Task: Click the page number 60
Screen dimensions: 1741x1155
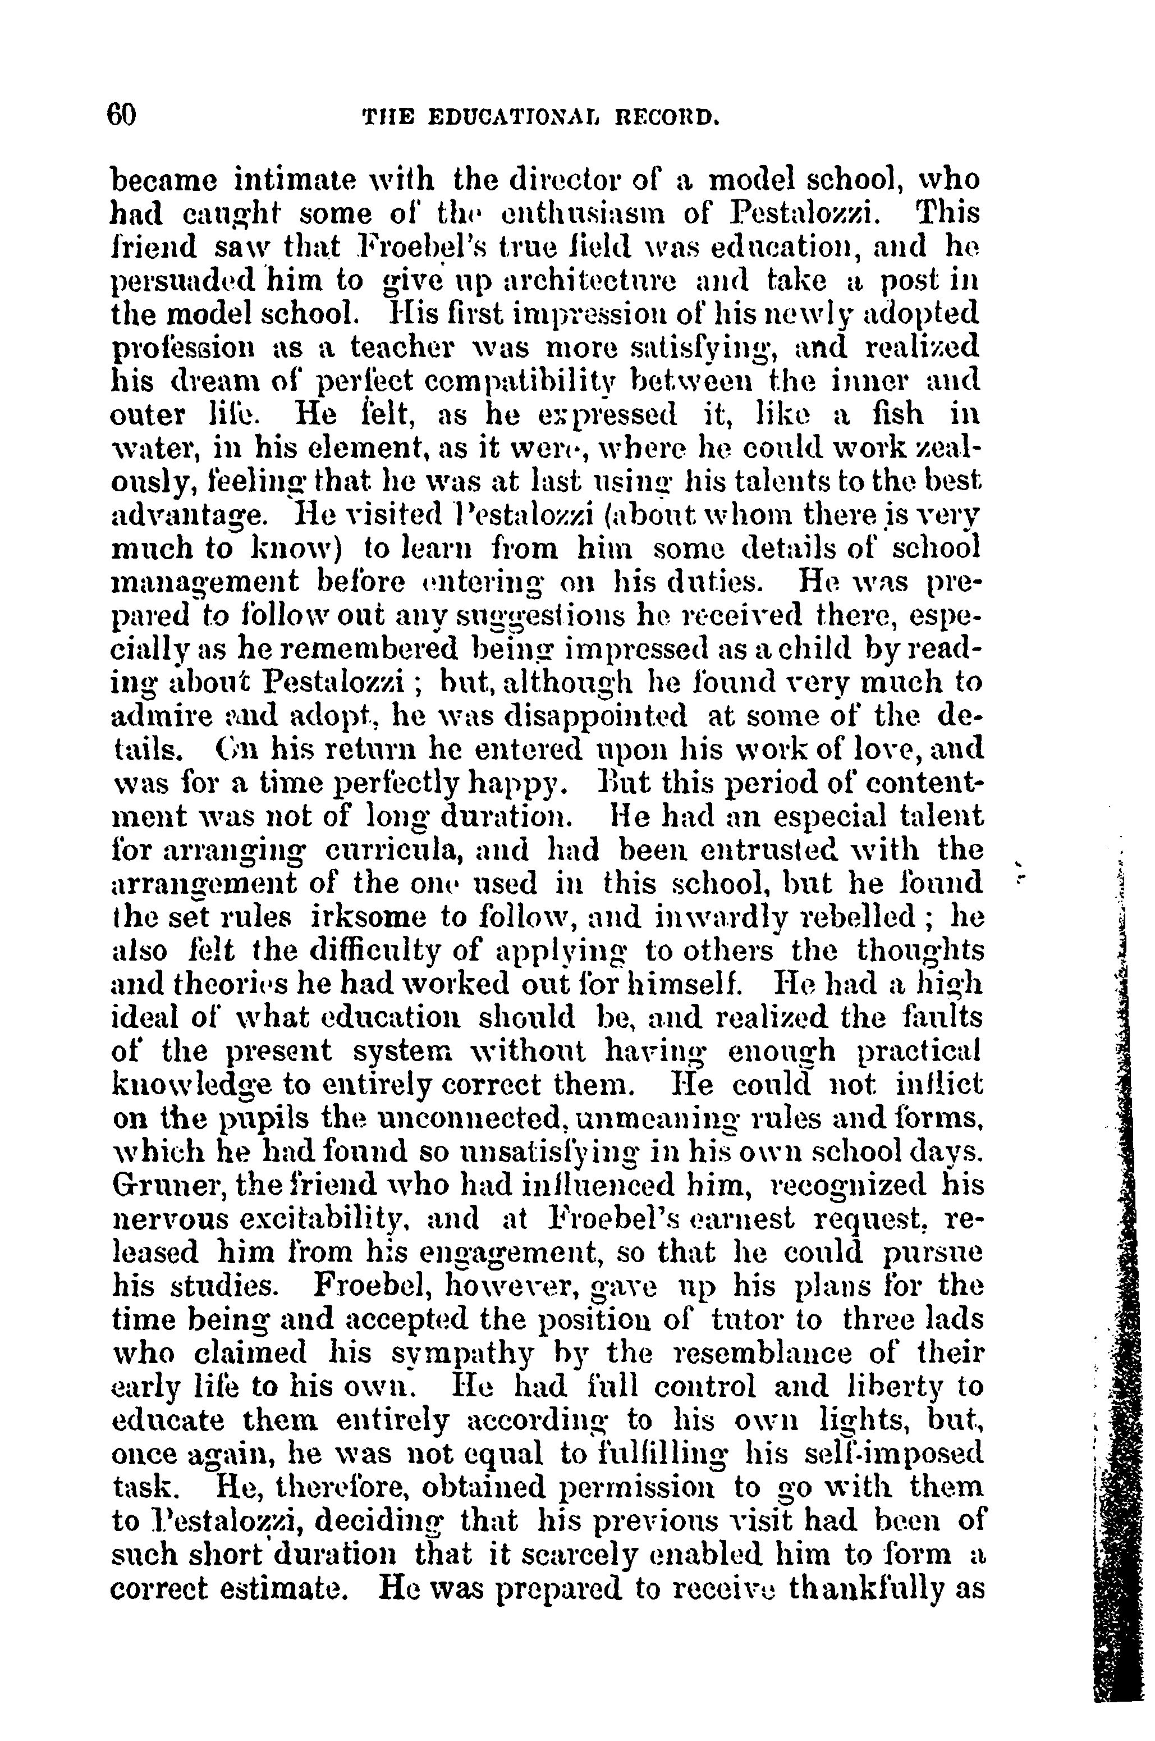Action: coord(122,116)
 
